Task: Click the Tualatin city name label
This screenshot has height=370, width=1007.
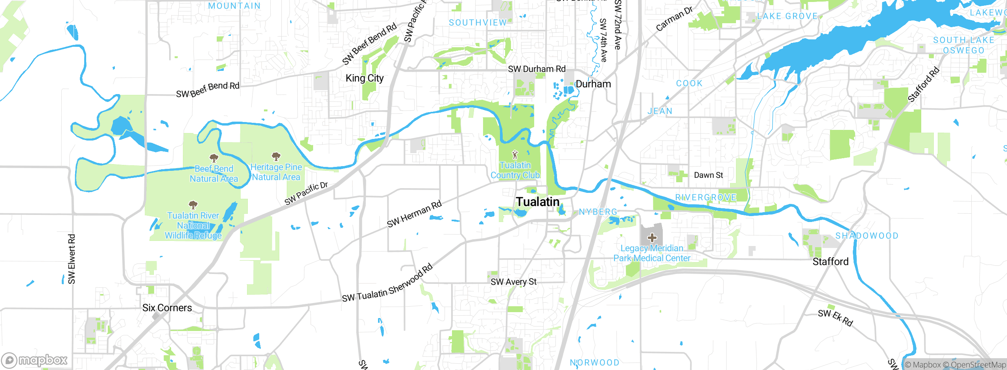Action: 537,202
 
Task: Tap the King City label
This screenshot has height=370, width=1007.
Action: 364,78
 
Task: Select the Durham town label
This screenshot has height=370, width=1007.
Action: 593,84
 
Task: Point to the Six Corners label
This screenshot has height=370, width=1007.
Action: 167,308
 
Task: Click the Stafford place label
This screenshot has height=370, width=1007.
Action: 830,262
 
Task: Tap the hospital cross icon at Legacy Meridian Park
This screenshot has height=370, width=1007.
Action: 652,237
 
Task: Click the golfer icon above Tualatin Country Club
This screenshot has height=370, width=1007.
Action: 515,155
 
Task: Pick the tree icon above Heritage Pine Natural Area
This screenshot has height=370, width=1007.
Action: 276,157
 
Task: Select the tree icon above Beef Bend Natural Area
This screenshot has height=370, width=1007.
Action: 214,158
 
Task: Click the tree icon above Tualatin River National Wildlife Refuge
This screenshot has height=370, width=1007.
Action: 193,205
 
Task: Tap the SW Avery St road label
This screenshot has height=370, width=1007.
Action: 513,282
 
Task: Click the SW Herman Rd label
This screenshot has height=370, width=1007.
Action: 414,214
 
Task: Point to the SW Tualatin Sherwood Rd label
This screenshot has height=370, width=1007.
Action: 387,284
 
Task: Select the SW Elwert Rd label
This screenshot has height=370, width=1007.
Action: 72,259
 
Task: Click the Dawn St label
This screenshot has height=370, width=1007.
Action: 708,175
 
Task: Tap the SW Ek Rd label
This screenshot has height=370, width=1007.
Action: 835,318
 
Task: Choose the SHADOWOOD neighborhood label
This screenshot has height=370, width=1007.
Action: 867,236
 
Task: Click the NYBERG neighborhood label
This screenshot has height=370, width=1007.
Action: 598,212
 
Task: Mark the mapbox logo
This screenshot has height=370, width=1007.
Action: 35,360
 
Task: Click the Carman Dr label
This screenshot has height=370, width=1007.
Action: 674,19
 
